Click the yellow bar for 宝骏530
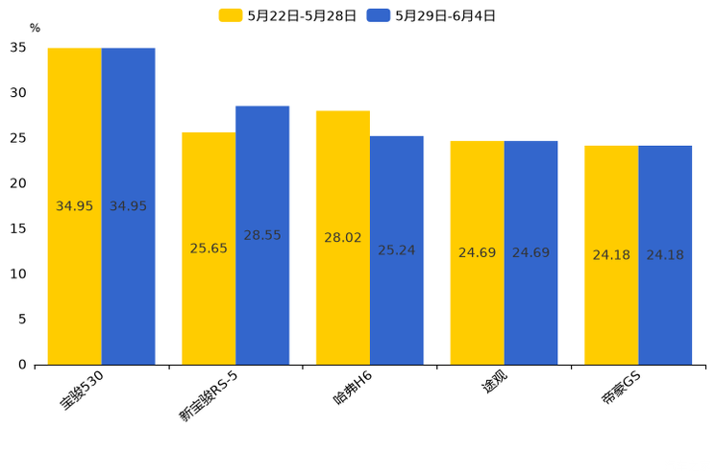75,206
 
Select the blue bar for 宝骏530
128,206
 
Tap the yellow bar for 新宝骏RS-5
209,249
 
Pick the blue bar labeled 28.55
262,235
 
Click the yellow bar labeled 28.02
343,237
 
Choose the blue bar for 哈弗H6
397,250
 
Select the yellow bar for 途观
477,252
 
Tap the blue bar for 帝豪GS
665,255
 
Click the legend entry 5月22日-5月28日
287,15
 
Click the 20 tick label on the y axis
18,183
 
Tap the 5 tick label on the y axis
22,320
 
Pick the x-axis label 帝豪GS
620,390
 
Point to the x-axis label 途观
494,385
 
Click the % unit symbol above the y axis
35,29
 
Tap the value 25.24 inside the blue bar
397,250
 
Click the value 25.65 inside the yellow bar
209,249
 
